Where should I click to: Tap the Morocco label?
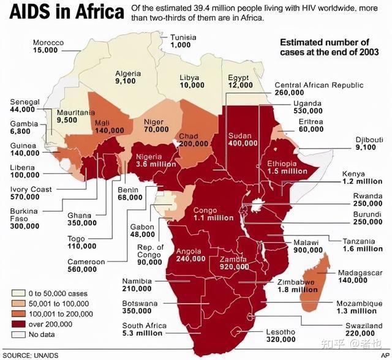(x=49, y=42)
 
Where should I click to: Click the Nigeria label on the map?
(x=149, y=156)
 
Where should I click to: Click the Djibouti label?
(x=369, y=139)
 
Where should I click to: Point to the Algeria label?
(x=128, y=73)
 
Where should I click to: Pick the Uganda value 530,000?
(x=307, y=111)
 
